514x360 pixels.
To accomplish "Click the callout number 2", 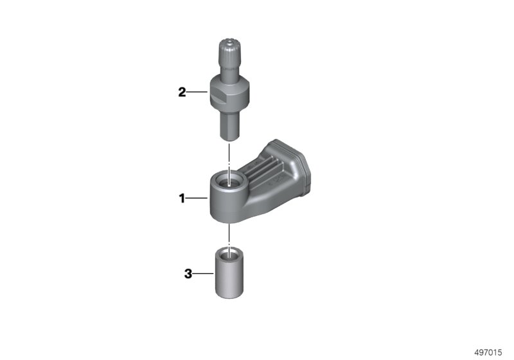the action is pyautogui.click(x=182, y=92).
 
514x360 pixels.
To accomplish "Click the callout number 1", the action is pyautogui.click(x=182, y=198).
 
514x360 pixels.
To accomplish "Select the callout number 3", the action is pyautogui.click(x=188, y=273).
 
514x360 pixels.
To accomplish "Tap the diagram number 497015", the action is pyautogui.click(x=488, y=352).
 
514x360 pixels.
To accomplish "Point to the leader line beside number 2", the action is pyautogui.click(x=197, y=92).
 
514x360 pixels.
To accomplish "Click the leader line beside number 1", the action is pyautogui.click(x=197, y=198).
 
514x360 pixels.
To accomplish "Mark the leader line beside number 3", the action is pyautogui.click(x=203, y=273).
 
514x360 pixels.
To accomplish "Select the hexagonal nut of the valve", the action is pyautogui.click(x=229, y=93).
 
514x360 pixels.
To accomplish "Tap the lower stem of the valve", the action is pyautogui.click(x=229, y=125).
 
